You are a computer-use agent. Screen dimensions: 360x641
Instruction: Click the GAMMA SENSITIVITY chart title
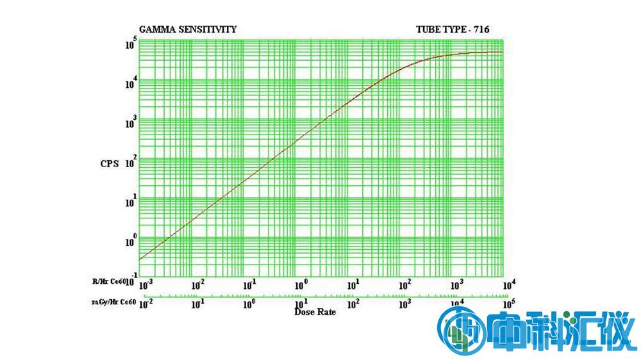pyautogui.click(x=188, y=29)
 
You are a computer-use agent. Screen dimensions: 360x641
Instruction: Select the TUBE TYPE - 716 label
pyautogui.click(x=453, y=29)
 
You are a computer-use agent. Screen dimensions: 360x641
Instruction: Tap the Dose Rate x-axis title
pyautogui.click(x=315, y=312)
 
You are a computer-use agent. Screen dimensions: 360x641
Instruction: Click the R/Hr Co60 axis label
pyautogui.click(x=109, y=281)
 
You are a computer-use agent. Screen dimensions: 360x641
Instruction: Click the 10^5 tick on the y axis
pyautogui.click(x=130, y=44)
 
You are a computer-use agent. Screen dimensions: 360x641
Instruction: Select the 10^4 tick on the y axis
pyautogui.click(x=130, y=83)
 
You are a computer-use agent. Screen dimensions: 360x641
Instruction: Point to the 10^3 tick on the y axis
pyautogui.click(x=130, y=123)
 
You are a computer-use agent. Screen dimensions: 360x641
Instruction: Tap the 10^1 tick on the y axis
pyautogui.click(x=130, y=202)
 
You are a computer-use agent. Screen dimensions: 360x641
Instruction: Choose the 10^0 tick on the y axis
pyautogui.click(x=130, y=241)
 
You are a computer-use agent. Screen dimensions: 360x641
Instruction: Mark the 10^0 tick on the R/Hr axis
pyautogui.click(x=301, y=283)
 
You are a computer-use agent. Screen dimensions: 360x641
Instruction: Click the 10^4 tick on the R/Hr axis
pyautogui.click(x=507, y=282)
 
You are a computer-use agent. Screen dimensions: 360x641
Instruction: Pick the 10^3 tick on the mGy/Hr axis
pyautogui.click(x=405, y=304)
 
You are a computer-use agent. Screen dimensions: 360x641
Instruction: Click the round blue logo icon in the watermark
pyautogui.click(x=458, y=330)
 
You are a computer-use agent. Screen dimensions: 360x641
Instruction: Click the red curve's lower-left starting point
pyautogui.click(x=140, y=259)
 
